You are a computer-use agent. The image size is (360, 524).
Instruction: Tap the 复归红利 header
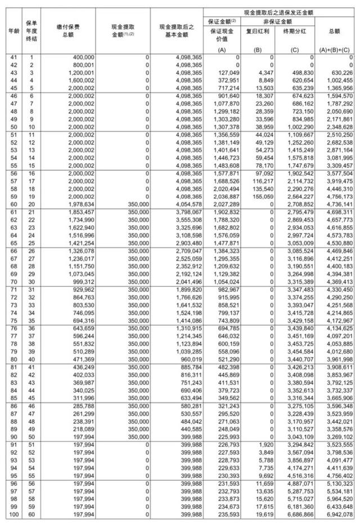click(258, 33)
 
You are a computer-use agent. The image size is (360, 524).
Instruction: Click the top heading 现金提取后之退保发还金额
click(278, 11)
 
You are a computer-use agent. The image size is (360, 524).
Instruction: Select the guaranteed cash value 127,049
click(227, 73)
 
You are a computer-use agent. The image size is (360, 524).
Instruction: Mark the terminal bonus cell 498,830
click(300, 73)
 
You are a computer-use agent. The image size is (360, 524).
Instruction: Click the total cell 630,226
click(340, 73)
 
